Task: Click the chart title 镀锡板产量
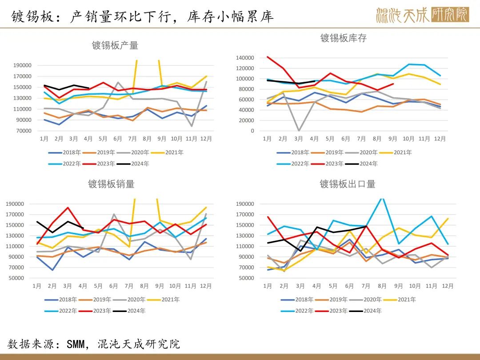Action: [x=115, y=45]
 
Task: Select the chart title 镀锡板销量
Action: [x=111, y=184]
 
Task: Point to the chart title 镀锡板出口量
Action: [x=348, y=184]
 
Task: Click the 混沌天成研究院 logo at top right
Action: [x=422, y=15]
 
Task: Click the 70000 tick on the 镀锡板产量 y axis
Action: [x=22, y=131]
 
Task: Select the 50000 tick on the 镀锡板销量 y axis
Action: [x=15, y=278]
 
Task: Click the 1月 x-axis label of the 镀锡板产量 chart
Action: [x=44, y=138]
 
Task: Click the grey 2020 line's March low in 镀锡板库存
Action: [x=299, y=130]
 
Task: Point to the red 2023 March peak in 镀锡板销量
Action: [x=68, y=208]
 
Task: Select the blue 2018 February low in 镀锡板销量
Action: [x=53, y=270]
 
